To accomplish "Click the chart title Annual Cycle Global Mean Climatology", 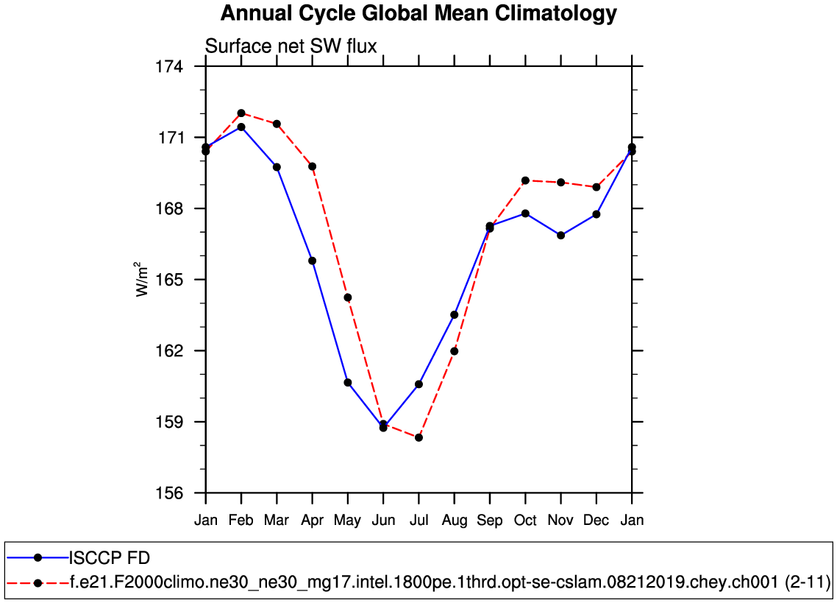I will point(418,13).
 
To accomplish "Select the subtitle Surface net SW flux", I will point(291,46).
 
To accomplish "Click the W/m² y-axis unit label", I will point(141,280).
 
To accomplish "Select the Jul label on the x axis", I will point(418,521).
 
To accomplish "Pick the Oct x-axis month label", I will point(525,521).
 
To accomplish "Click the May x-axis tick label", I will point(347,521).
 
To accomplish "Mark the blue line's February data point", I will point(241,127).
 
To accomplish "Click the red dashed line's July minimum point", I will point(418,437).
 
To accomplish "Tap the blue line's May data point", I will point(348,383).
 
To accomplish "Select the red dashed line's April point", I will point(313,166).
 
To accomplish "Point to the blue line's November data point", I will point(561,236).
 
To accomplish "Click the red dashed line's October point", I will point(525,180).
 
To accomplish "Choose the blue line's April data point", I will point(313,261).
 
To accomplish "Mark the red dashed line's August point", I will point(455,351).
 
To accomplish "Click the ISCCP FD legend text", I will point(110,557).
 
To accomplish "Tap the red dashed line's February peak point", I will point(241,113).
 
